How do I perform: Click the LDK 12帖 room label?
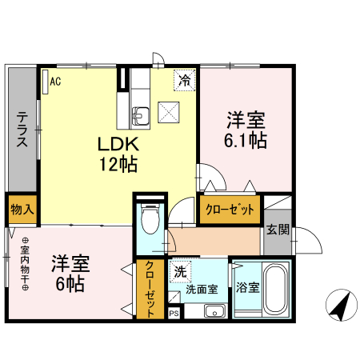tap(119, 154)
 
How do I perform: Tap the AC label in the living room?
tap(55, 82)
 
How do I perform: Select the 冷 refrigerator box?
tap(185, 80)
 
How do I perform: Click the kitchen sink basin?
tap(140, 114)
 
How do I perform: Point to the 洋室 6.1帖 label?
tap(245, 130)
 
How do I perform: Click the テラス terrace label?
tap(22, 128)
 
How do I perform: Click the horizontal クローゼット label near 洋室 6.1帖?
tap(230, 210)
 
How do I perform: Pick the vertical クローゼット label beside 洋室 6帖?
tap(149, 290)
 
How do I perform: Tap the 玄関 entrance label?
tap(278, 230)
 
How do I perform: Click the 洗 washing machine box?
tap(180, 272)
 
